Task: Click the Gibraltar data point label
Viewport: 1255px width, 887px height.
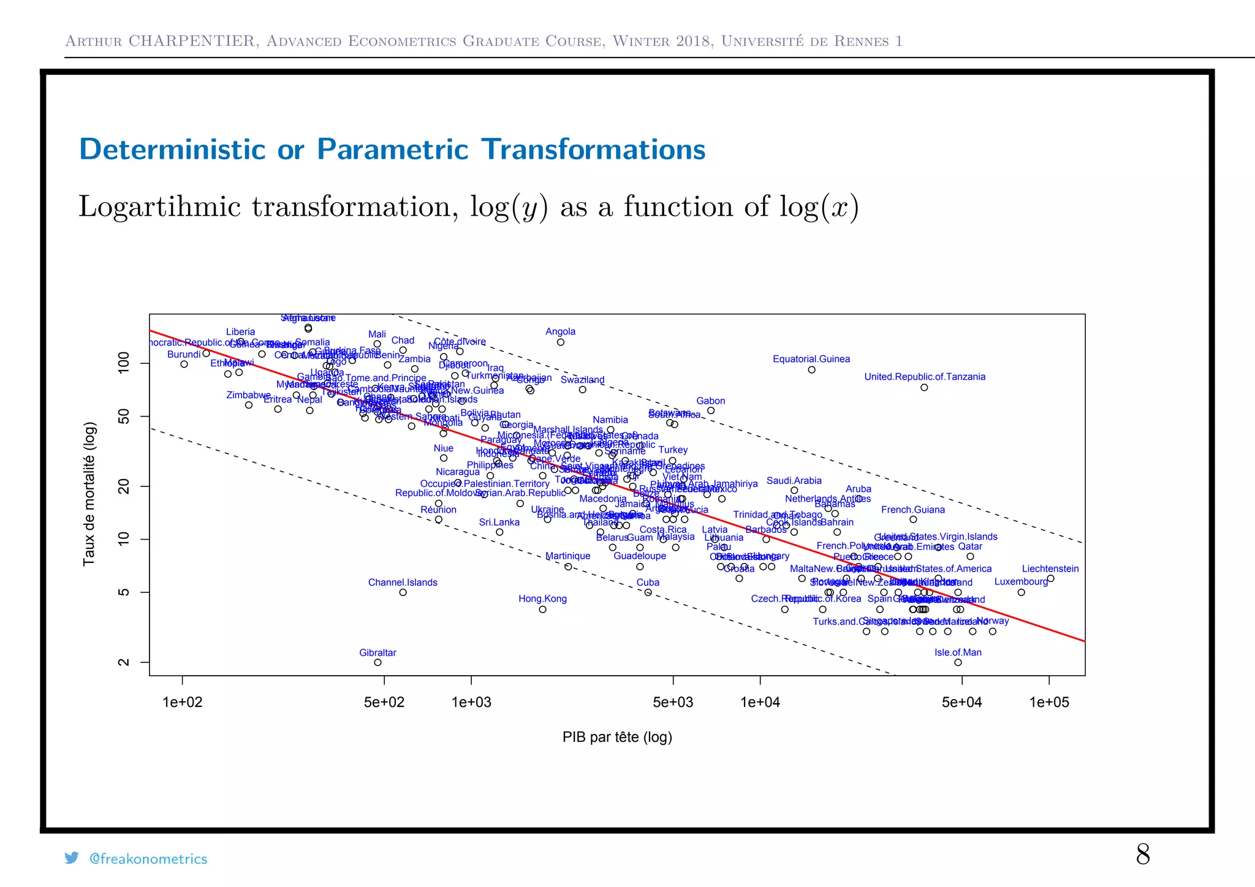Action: pos(377,652)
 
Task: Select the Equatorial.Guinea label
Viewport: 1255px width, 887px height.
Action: pos(811,359)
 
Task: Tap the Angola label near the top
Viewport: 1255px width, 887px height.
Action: pos(560,331)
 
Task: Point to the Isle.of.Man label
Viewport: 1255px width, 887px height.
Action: pos(957,652)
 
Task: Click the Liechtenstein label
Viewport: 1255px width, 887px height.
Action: pos(1050,568)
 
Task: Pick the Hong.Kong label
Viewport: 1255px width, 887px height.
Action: pos(542,598)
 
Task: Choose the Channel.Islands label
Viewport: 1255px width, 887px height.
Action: pos(403,582)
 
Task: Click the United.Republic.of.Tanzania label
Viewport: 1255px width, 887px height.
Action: pos(924,377)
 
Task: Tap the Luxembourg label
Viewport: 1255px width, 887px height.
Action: pos(1020,581)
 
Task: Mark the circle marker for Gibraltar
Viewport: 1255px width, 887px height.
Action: pos(377,662)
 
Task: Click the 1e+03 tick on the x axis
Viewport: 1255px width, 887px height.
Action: pos(471,702)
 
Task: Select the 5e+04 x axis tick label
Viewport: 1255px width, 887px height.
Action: pos(961,702)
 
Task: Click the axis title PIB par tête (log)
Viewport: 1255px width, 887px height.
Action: pos(616,737)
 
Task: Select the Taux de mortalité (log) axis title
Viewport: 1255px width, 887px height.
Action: pos(89,494)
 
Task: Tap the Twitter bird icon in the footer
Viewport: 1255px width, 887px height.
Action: pos(72,858)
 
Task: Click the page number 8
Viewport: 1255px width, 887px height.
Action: pos(1142,854)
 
